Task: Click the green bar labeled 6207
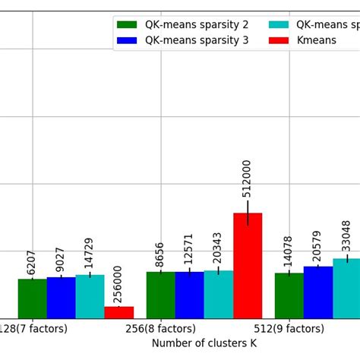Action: point(32,298)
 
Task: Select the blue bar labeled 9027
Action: point(61,298)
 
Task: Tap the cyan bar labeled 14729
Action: point(90,296)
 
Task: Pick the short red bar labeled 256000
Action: point(118,312)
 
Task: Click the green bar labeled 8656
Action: point(160,295)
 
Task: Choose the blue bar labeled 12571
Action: point(189,295)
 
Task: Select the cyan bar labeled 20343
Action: point(218,294)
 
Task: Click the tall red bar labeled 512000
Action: point(247,265)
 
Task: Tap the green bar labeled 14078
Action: point(289,295)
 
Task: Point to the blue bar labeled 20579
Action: point(318,292)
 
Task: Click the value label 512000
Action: point(247,178)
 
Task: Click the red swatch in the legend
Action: point(279,40)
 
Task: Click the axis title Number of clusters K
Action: point(204,343)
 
